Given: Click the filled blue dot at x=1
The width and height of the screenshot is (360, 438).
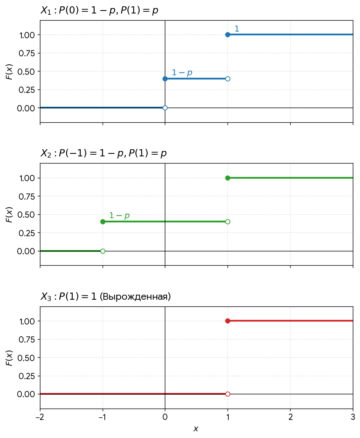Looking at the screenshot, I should (228, 35).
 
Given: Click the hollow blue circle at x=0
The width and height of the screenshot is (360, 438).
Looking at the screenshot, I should (165, 108).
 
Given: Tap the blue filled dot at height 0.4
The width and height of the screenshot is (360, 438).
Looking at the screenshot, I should (165, 79).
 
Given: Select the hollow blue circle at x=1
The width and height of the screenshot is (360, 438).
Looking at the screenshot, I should (228, 79).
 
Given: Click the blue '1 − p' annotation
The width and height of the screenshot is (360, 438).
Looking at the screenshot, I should (182, 73).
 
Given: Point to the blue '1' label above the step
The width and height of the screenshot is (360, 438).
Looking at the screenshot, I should (237, 29).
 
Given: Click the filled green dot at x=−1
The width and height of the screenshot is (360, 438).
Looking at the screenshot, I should (103, 222).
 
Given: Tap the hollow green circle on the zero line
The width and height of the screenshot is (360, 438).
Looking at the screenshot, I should (103, 251).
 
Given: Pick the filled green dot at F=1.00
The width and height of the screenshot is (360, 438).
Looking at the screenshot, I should (228, 178).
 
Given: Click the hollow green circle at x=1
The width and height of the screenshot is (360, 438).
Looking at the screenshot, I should (228, 222).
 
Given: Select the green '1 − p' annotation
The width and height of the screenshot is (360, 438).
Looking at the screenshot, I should (119, 216).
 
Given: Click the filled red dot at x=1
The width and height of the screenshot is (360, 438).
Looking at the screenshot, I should (228, 321).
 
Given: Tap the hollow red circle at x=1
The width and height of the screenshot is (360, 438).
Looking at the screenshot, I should (228, 394).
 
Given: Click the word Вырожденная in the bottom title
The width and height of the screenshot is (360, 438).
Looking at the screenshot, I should (135, 296).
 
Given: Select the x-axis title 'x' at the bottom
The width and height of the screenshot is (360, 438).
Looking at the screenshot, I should (196, 429).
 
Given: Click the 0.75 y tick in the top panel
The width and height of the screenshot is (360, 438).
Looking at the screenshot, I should (27, 53).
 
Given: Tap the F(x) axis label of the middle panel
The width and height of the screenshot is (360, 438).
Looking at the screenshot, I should (9, 214).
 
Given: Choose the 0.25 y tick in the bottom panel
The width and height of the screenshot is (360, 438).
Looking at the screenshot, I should (27, 376).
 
